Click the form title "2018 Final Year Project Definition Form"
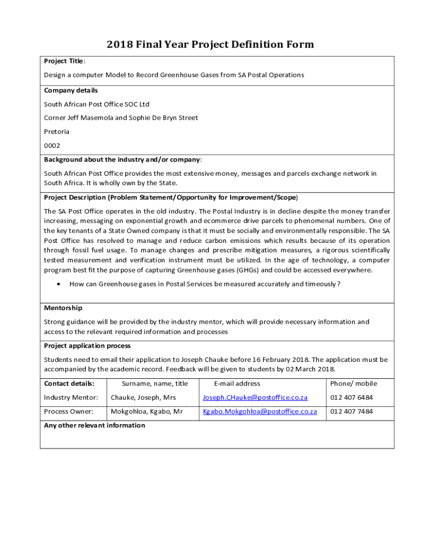click(210, 44)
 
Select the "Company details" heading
click(71, 90)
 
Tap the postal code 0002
click(52, 146)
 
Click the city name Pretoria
click(57, 132)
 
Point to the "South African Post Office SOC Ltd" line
click(97, 104)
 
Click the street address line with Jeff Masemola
click(121, 117)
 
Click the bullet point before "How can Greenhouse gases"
click(57, 284)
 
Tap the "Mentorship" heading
click(63, 308)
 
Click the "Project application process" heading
click(87, 346)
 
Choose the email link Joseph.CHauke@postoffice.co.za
click(255, 397)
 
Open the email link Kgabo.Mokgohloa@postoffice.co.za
click(260, 412)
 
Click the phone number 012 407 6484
click(352, 397)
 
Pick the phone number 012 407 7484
click(352, 412)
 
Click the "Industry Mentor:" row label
click(71, 397)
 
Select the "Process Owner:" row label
click(69, 412)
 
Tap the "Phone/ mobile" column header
click(354, 383)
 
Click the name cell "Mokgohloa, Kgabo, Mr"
click(147, 412)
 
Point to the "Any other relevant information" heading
click(95, 425)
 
